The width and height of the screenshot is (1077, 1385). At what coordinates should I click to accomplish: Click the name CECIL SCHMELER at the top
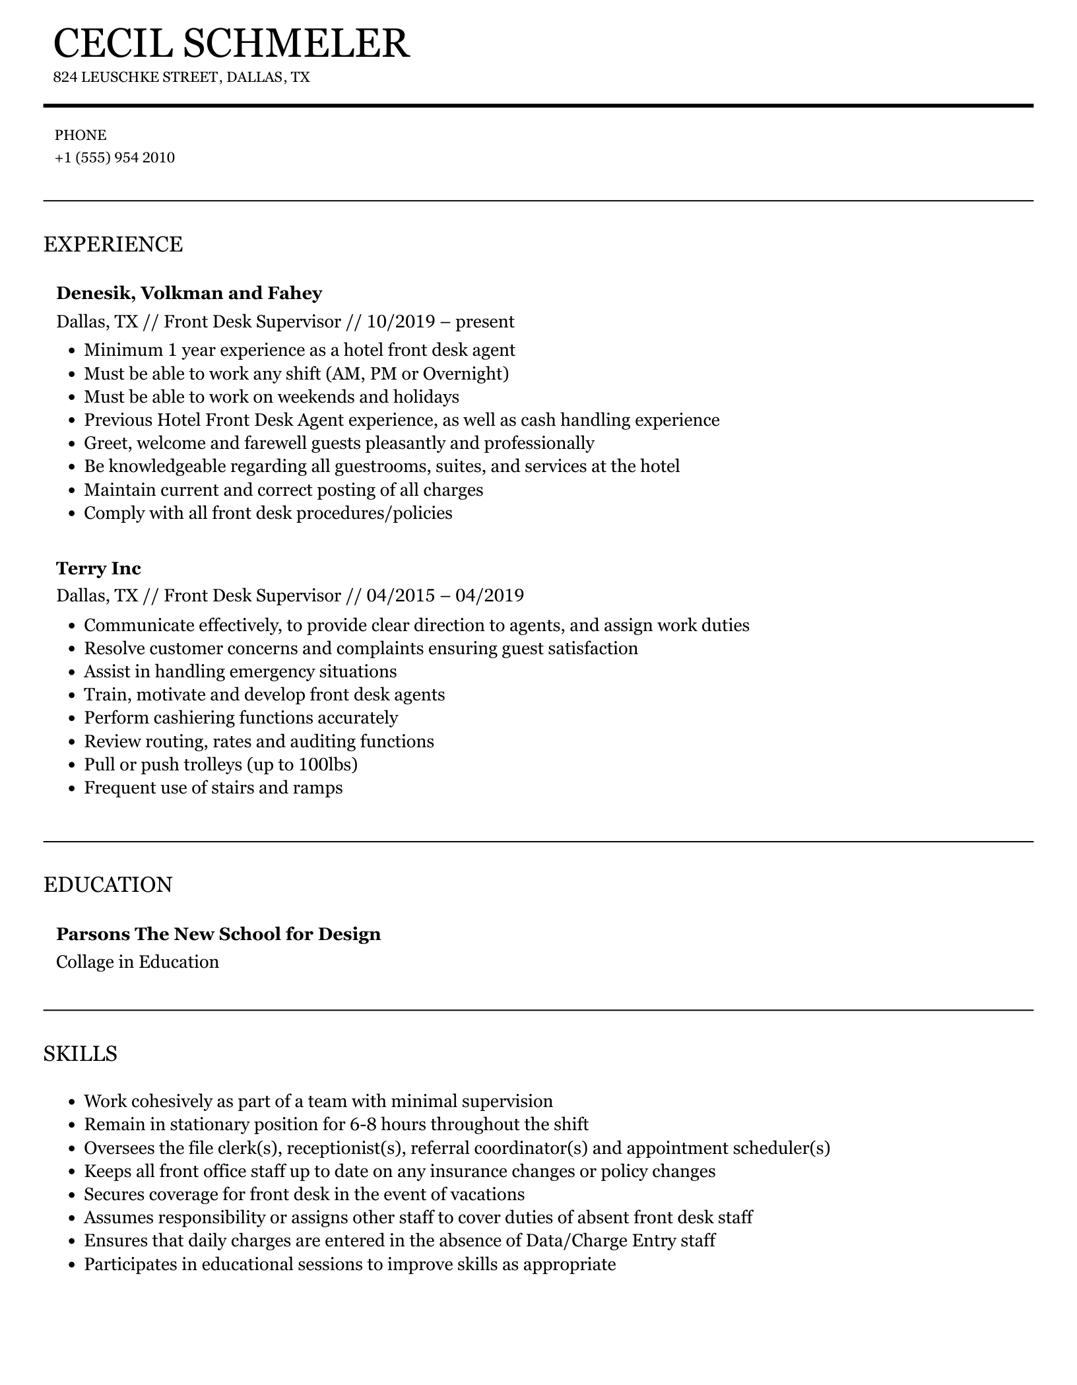[231, 44]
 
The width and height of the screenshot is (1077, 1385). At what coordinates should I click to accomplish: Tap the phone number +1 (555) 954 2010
[115, 158]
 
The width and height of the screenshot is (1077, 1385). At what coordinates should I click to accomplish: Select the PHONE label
[81, 135]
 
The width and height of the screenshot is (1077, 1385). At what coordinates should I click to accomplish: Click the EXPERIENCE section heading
[113, 244]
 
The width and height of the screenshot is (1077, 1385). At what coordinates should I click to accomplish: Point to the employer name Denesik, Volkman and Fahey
[189, 293]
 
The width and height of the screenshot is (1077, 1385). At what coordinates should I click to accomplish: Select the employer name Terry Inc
[98, 568]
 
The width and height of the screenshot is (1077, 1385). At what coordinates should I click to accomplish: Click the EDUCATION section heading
[108, 885]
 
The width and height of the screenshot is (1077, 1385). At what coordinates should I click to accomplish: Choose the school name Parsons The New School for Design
[218, 934]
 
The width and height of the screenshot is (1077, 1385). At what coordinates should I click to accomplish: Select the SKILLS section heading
[80, 1053]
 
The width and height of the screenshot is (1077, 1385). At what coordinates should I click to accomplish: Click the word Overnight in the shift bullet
[465, 374]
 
